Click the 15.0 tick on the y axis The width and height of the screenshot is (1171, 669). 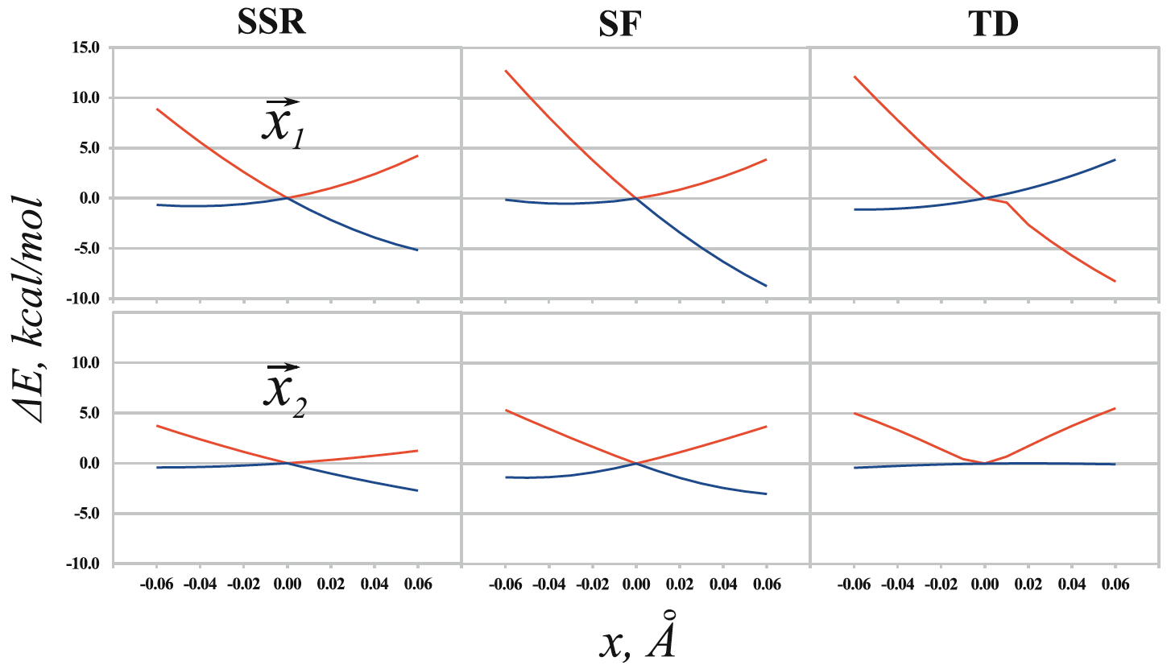click(x=84, y=47)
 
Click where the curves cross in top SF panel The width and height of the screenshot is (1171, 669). click(x=635, y=198)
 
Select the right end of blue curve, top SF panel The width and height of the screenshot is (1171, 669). click(x=766, y=286)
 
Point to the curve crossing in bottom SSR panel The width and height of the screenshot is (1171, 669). click(x=287, y=463)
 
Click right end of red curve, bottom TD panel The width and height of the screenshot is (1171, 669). click(x=1115, y=408)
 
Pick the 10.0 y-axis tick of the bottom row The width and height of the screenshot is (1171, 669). click(x=84, y=362)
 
